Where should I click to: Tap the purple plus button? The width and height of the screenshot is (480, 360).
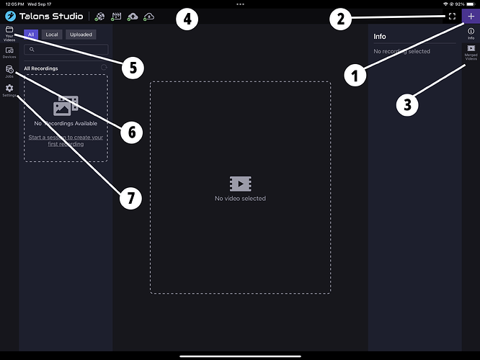471,16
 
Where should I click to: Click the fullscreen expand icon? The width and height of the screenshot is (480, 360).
452,16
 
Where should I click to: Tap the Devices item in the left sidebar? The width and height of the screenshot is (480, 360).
9,52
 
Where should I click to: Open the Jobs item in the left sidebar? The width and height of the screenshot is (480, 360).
9,71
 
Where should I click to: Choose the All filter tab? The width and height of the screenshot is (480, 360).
31,34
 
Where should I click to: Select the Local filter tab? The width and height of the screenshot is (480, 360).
52,34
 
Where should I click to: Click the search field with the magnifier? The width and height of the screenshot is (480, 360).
66,50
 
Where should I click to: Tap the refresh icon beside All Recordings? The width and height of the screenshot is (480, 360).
104,68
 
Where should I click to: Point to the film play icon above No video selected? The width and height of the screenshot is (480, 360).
240,184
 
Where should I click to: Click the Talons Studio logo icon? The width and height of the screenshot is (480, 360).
11,16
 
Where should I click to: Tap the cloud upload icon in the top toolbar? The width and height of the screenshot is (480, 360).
132,16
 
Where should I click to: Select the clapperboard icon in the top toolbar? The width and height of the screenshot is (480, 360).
115,16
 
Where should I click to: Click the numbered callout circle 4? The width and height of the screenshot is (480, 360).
187,19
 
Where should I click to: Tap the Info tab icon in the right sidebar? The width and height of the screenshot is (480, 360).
471,33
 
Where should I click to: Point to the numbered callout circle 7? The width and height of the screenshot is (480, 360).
130,198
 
